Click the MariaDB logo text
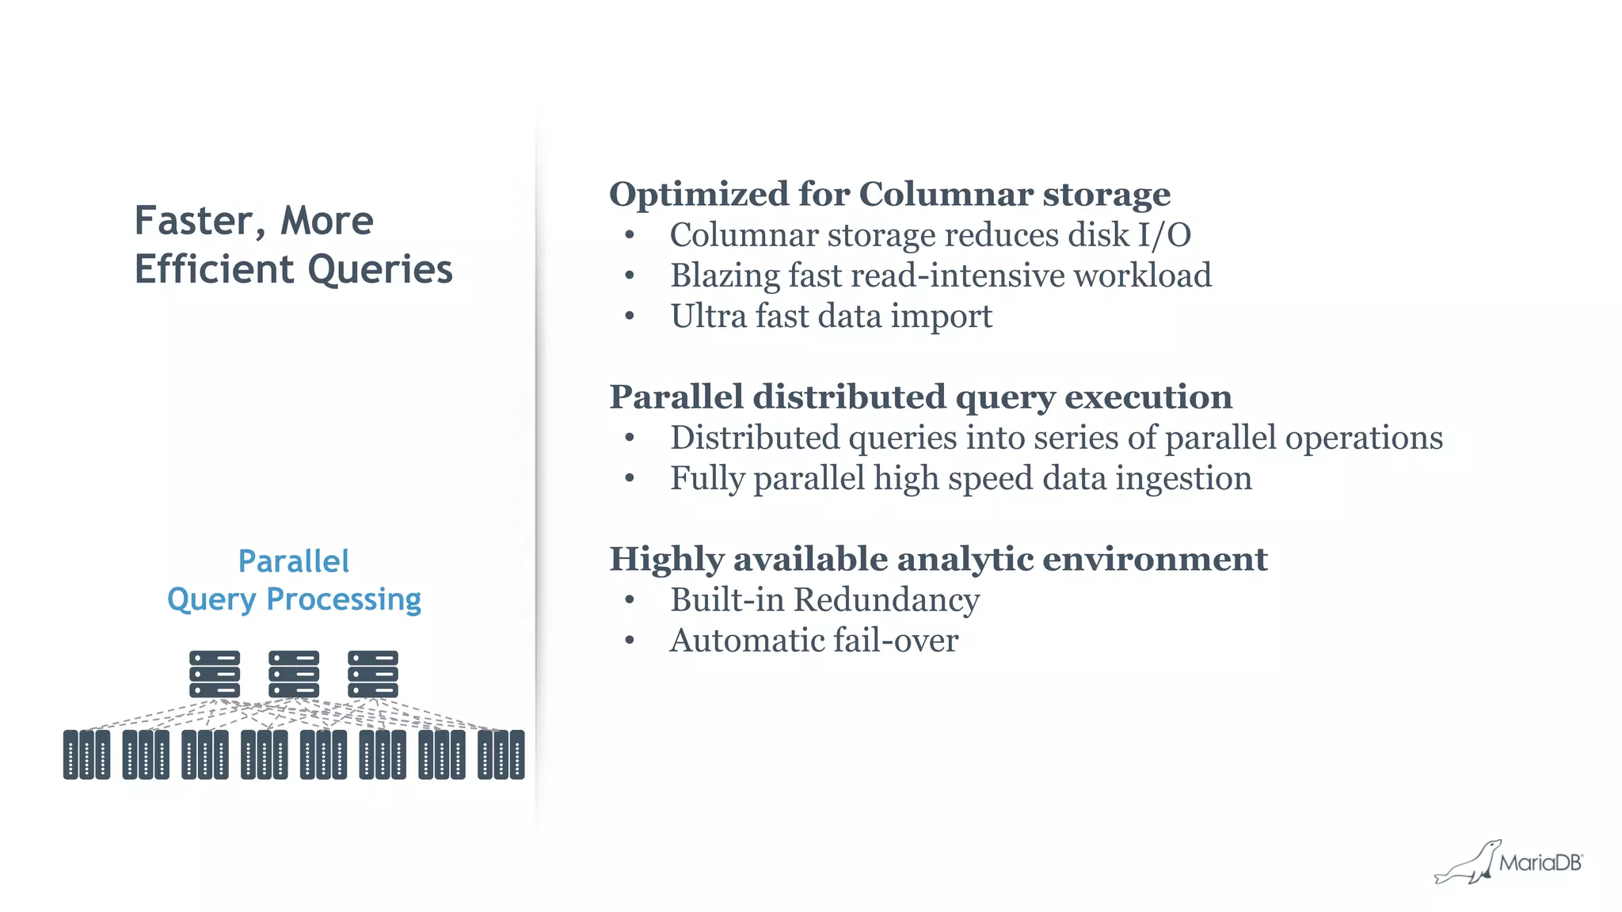tap(1540, 863)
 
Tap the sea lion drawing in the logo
tap(1469, 864)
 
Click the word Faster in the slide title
tap(194, 221)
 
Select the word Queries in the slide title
tap(380, 270)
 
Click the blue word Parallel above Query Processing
tap(293, 561)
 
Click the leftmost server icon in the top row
tap(215, 674)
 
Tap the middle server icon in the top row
tap(294, 674)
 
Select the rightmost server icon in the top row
tap(373, 674)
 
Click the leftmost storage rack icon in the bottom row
tap(86, 754)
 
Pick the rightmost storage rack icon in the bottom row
tap(501, 754)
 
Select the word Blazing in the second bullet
tap(725, 276)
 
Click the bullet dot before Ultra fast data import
tap(630, 316)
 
